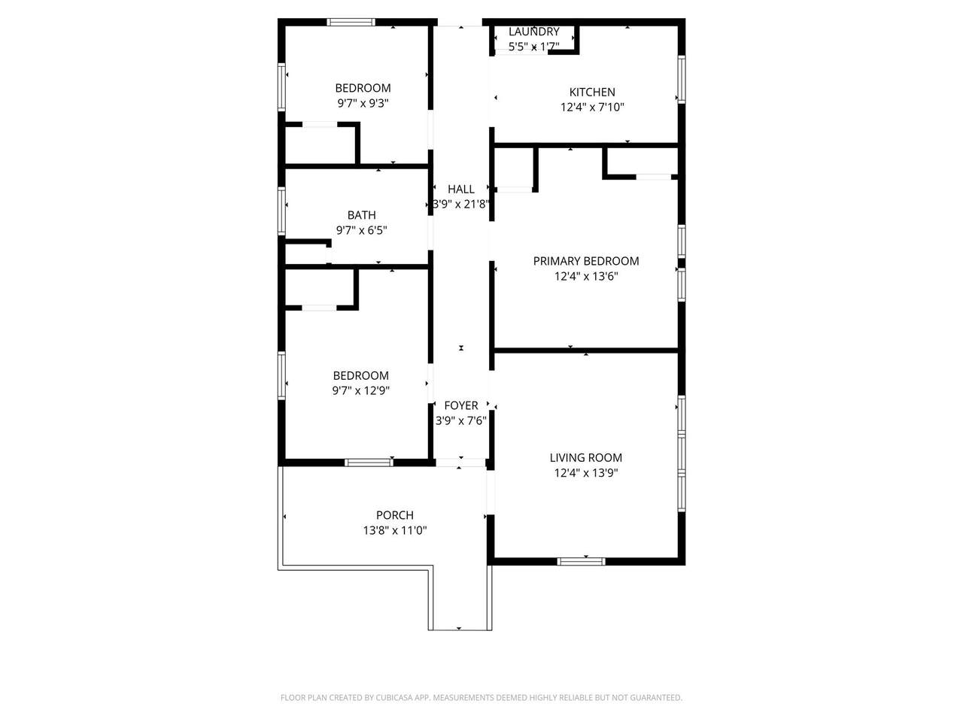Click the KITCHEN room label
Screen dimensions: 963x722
(592, 92)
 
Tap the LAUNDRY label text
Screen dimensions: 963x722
(533, 32)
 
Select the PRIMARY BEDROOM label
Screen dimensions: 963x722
(585, 261)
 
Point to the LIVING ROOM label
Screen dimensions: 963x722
(585, 458)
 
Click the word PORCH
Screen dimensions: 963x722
(394, 515)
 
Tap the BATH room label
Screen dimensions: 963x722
(362, 215)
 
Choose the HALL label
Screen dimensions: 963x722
(460, 189)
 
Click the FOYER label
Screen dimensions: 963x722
(460, 405)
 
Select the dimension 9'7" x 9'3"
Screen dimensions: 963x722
(363, 103)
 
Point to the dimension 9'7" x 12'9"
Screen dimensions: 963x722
(360, 390)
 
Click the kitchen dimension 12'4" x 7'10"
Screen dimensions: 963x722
(592, 107)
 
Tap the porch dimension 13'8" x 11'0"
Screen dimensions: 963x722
(394, 530)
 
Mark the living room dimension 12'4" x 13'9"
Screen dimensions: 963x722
(585, 472)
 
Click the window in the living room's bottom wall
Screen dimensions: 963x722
(581, 562)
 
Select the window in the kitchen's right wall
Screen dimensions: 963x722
(682, 80)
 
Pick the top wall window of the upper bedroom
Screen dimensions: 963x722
(351, 22)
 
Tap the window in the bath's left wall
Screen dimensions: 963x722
(281, 211)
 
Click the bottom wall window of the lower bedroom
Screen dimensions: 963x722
(369, 463)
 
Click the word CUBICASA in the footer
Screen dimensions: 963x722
(394, 697)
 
